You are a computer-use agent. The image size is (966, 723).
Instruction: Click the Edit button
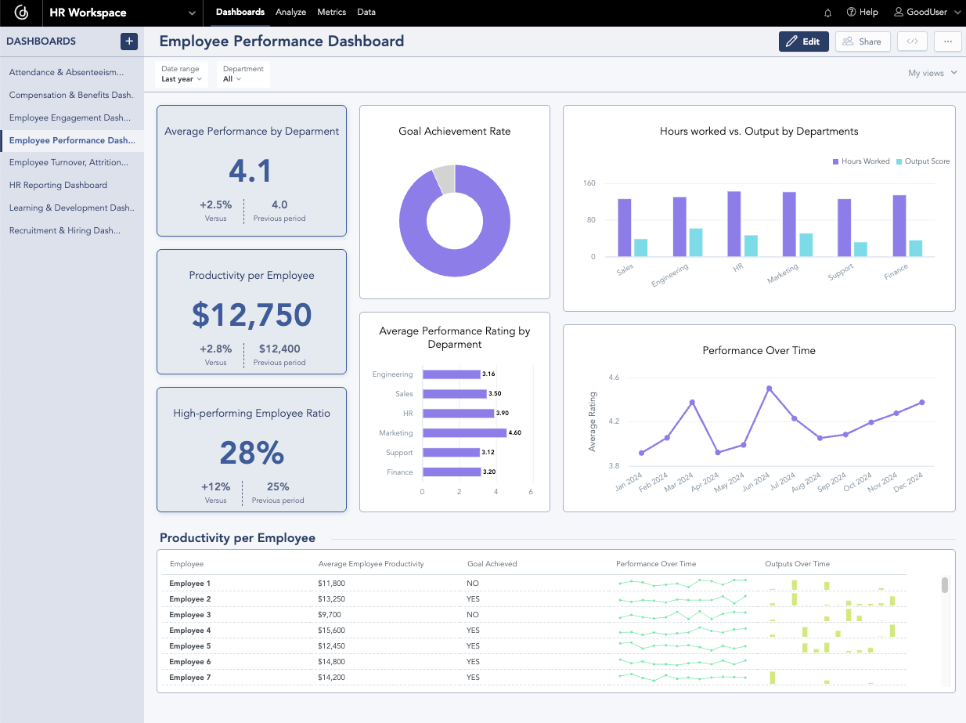tap(803, 42)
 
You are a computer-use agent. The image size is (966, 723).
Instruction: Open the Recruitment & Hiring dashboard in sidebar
tap(65, 230)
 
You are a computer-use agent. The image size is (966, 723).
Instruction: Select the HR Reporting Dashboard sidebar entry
tap(58, 185)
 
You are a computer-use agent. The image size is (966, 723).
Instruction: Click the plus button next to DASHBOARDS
tap(129, 42)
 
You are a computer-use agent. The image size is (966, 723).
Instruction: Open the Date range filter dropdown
tap(182, 74)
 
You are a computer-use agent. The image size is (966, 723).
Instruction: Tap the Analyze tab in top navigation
tap(290, 12)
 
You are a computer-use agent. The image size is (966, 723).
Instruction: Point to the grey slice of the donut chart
tap(444, 179)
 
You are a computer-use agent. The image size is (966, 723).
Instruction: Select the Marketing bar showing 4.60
tap(464, 432)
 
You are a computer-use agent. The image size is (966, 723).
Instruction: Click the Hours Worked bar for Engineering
tap(679, 226)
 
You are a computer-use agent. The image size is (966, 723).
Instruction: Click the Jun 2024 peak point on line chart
tap(769, 388)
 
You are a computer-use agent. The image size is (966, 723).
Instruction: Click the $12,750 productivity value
tap(251, 314)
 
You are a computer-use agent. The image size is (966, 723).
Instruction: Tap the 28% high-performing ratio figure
tap(251, 453)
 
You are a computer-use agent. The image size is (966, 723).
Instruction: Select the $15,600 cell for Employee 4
tap(331, 631)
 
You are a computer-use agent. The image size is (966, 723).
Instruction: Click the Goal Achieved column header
tap(492, 564)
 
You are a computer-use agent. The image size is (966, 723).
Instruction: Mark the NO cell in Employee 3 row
tap(473, 615)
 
